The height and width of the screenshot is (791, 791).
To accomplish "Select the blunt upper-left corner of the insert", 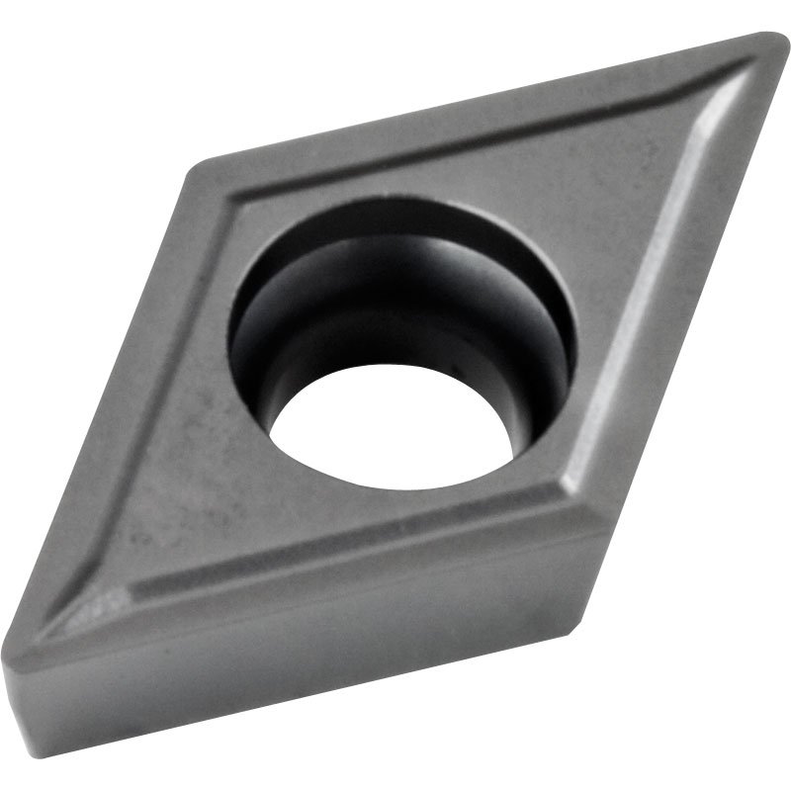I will pos(198,168).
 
